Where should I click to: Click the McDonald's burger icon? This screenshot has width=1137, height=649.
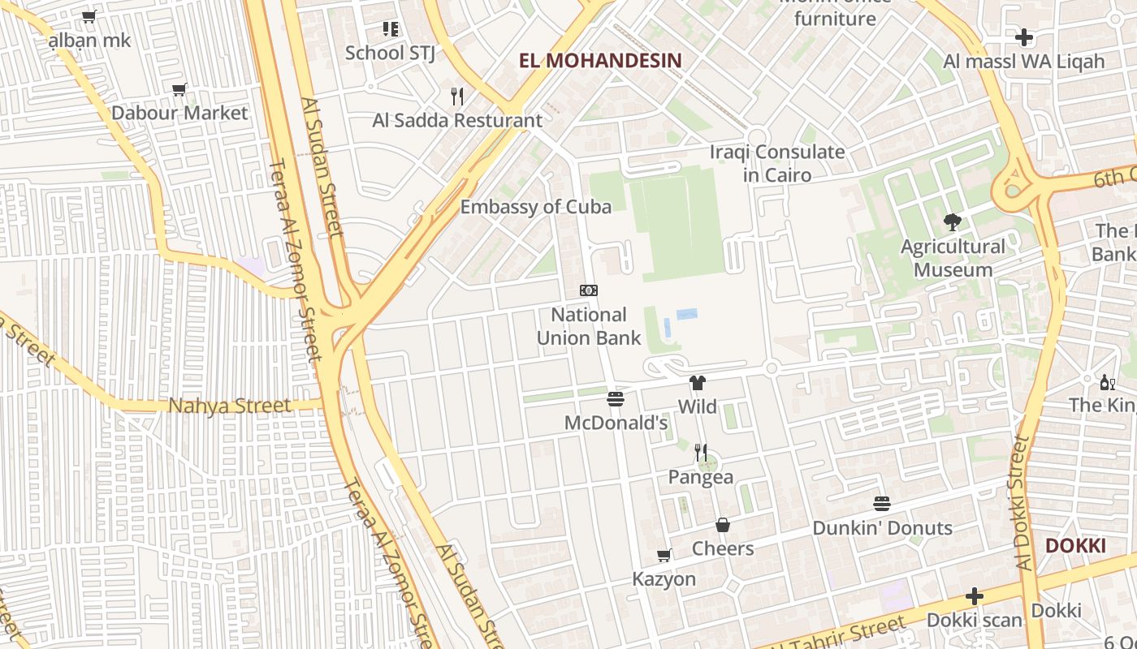pos(616,399)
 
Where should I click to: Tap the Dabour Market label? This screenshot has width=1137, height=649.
pos(179,113)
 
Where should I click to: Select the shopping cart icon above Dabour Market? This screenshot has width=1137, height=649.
pos(179,89)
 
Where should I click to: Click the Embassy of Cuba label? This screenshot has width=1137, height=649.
pos(536,207)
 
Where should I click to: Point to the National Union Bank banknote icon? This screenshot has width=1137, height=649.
pos(589,290)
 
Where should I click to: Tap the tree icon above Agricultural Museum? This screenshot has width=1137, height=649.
pos(953,221)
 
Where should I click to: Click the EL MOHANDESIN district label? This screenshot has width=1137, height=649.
pos(600,60)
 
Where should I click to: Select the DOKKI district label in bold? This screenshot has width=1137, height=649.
pos(1075,545)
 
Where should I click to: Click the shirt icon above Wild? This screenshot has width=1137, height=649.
pos(697,383)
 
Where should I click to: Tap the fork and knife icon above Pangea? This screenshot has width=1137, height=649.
pos(701,453)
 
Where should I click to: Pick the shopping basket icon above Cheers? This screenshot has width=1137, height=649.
pos(723,525)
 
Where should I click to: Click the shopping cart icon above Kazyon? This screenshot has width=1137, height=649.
pos(664,556)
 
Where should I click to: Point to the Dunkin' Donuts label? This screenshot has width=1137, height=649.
pos(882,528)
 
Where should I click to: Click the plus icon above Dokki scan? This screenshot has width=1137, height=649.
pos(975,597)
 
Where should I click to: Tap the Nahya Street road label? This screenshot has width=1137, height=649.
pos(230,406)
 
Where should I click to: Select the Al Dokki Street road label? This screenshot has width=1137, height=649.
pos(1022,503)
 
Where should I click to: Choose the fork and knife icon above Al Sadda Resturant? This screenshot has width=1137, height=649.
pos(457,97)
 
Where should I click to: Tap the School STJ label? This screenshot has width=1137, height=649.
pos(390,53)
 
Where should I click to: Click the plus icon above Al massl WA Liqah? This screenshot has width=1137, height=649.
pos(1024,37)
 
